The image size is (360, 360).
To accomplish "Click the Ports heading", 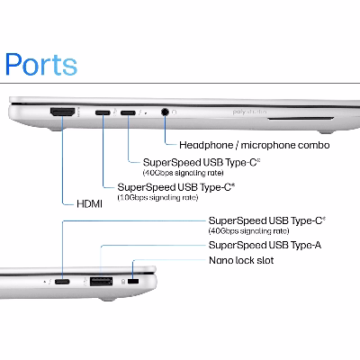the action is [x=41, y=64].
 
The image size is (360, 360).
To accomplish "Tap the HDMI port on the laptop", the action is [x=62, y=112].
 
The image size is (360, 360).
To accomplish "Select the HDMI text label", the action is [x=89, y=204].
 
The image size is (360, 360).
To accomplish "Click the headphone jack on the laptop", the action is [x=165, y=112].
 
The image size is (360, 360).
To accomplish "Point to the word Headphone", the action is [x=206, y=145].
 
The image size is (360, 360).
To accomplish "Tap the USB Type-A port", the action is [x=102, y=282].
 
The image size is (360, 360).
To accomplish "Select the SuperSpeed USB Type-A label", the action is [x=265, y=245].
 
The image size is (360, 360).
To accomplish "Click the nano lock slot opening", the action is [x=133, y=281].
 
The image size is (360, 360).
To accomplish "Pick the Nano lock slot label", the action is [x=241, y=260].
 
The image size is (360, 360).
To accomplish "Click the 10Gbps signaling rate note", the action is [x=157, y=198].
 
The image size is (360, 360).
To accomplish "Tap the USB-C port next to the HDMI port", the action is [x=103, y=112].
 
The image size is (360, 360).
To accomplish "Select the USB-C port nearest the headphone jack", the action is [x=128, y=112].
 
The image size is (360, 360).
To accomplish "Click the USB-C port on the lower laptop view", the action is [x=62, y=282].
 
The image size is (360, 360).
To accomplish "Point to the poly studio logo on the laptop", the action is [x=249, y=112].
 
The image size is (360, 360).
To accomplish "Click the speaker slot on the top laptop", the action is [x=301, y=119].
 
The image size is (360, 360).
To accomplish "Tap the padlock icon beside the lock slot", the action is [x=123, y=282].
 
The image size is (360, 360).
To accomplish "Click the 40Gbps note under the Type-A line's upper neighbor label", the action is [x=248, y=231].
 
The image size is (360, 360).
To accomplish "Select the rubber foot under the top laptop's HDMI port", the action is [x=56, y=130].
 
